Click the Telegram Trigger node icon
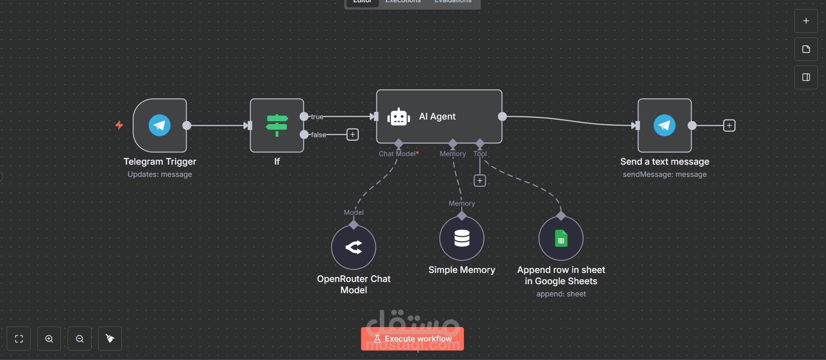pos(160,125)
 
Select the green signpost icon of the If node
pos(277,125)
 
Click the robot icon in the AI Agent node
pos(399,117)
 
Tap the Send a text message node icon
pos(665,125)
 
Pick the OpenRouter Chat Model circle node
pos(353,247)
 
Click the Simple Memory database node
pos(462,238)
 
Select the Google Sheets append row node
pos(561,238)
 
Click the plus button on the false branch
pos(353,134)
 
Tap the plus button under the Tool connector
pos(480,180)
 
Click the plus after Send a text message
pos(729,125)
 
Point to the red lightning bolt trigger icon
pos(119,125)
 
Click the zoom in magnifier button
pos(49,339)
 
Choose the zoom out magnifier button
pos(80,339)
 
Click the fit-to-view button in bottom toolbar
pos(19,339)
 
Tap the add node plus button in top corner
pos(806,21)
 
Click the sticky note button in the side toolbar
pos(806,49)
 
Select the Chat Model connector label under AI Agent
pos(399,154)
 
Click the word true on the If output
pos(317,117)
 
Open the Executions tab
pos(403,2)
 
